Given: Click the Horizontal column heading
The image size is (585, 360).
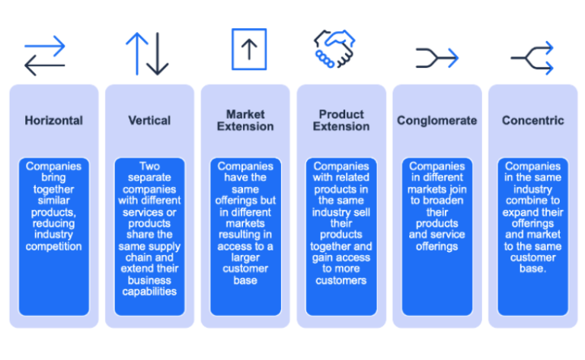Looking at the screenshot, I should (53, 120).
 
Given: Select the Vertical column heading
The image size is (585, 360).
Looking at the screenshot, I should (150, 120).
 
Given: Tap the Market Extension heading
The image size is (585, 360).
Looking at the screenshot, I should (245, 120).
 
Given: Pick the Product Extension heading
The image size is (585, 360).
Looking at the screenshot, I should (341, 120).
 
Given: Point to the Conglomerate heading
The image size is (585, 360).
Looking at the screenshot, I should (437, 120).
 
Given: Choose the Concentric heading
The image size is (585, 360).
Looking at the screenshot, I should (533, 120).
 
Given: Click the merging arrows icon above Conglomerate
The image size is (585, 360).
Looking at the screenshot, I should (437, 57).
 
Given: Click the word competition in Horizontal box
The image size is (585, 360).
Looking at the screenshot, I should (53, 247).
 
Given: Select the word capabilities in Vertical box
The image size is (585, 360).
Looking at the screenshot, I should (150, 292).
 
